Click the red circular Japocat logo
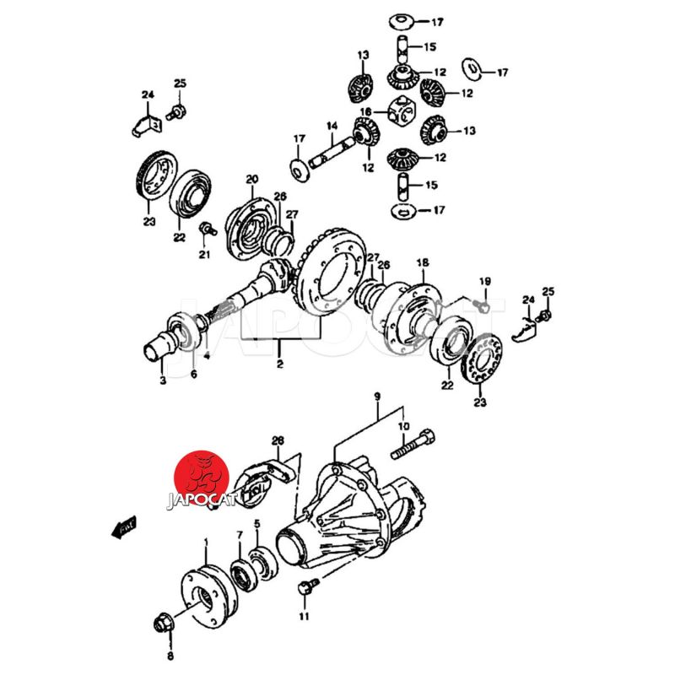click(201, 478)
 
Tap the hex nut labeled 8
click(163, 625)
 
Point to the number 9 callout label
click(378, 397)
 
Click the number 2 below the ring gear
click(279, 365)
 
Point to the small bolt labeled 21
click(203, 229)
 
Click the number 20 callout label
click(251, 179)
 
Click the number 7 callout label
click(239, 535)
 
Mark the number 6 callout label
click(193, 375)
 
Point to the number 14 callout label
click(332, 127)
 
